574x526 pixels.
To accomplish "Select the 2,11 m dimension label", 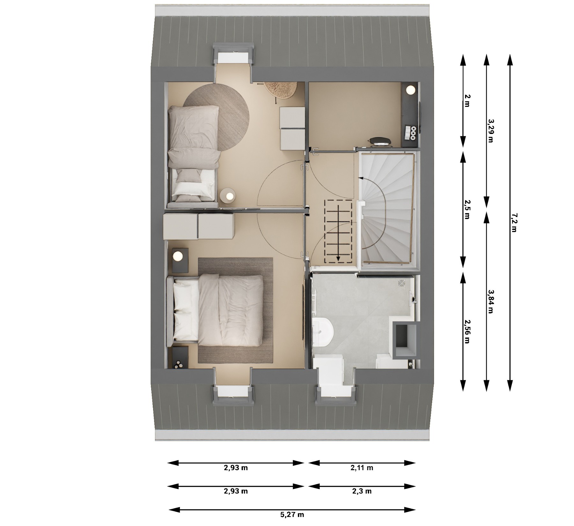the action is [x=362, y=468].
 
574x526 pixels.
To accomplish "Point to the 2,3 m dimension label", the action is [x=362, y=491].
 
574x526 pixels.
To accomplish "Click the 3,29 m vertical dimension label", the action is [x=490, y=130].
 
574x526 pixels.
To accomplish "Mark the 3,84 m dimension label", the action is [x=490, y=301].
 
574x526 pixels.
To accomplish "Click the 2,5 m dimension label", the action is [x=467, y=210].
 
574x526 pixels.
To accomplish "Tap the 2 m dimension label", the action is [x=467, y=100].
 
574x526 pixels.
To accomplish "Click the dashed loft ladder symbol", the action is [x=338, y=231].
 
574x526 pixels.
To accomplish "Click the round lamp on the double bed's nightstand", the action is [x=178, y=256].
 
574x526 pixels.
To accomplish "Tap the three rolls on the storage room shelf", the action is [x=413, y=133].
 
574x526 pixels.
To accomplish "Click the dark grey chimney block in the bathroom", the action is [x=405, y=341].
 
